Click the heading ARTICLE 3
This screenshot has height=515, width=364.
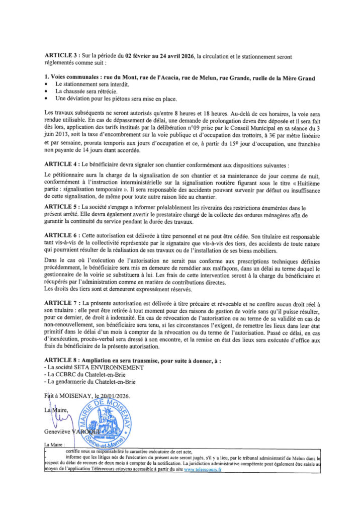[62, 56]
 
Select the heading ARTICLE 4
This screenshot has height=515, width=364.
[62, 165]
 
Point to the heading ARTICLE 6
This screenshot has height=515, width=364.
[62, 236]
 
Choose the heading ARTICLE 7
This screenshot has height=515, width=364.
[62, 304]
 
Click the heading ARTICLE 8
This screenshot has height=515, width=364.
[62, 362]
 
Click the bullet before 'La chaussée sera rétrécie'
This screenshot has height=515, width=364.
[46, 92]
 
